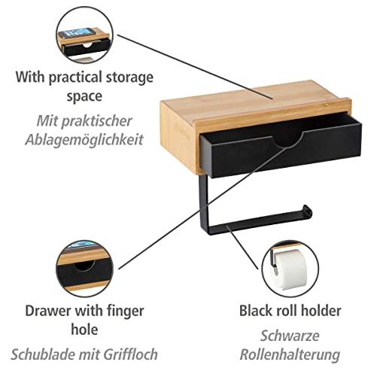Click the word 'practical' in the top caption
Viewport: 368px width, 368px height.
click(x=75, y=78)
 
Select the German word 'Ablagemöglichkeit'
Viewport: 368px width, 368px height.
click(x=84, y=140)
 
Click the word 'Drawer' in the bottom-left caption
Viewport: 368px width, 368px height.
click(x=48, y=311)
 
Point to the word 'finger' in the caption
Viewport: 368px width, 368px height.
click(x=126, y=312)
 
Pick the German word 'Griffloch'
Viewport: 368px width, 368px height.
click(x=131, y=354)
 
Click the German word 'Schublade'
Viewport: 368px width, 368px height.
click(x=43, y=354)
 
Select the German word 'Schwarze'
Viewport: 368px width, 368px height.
click(x=290, y=336)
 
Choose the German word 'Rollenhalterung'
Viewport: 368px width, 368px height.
click(x=290, y=354)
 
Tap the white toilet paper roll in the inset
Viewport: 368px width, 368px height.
click(x=291, y=269)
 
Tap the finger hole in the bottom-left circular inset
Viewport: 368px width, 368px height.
click(x=84, y=266)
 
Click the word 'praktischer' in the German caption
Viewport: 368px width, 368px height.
click(x=96, y=121)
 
